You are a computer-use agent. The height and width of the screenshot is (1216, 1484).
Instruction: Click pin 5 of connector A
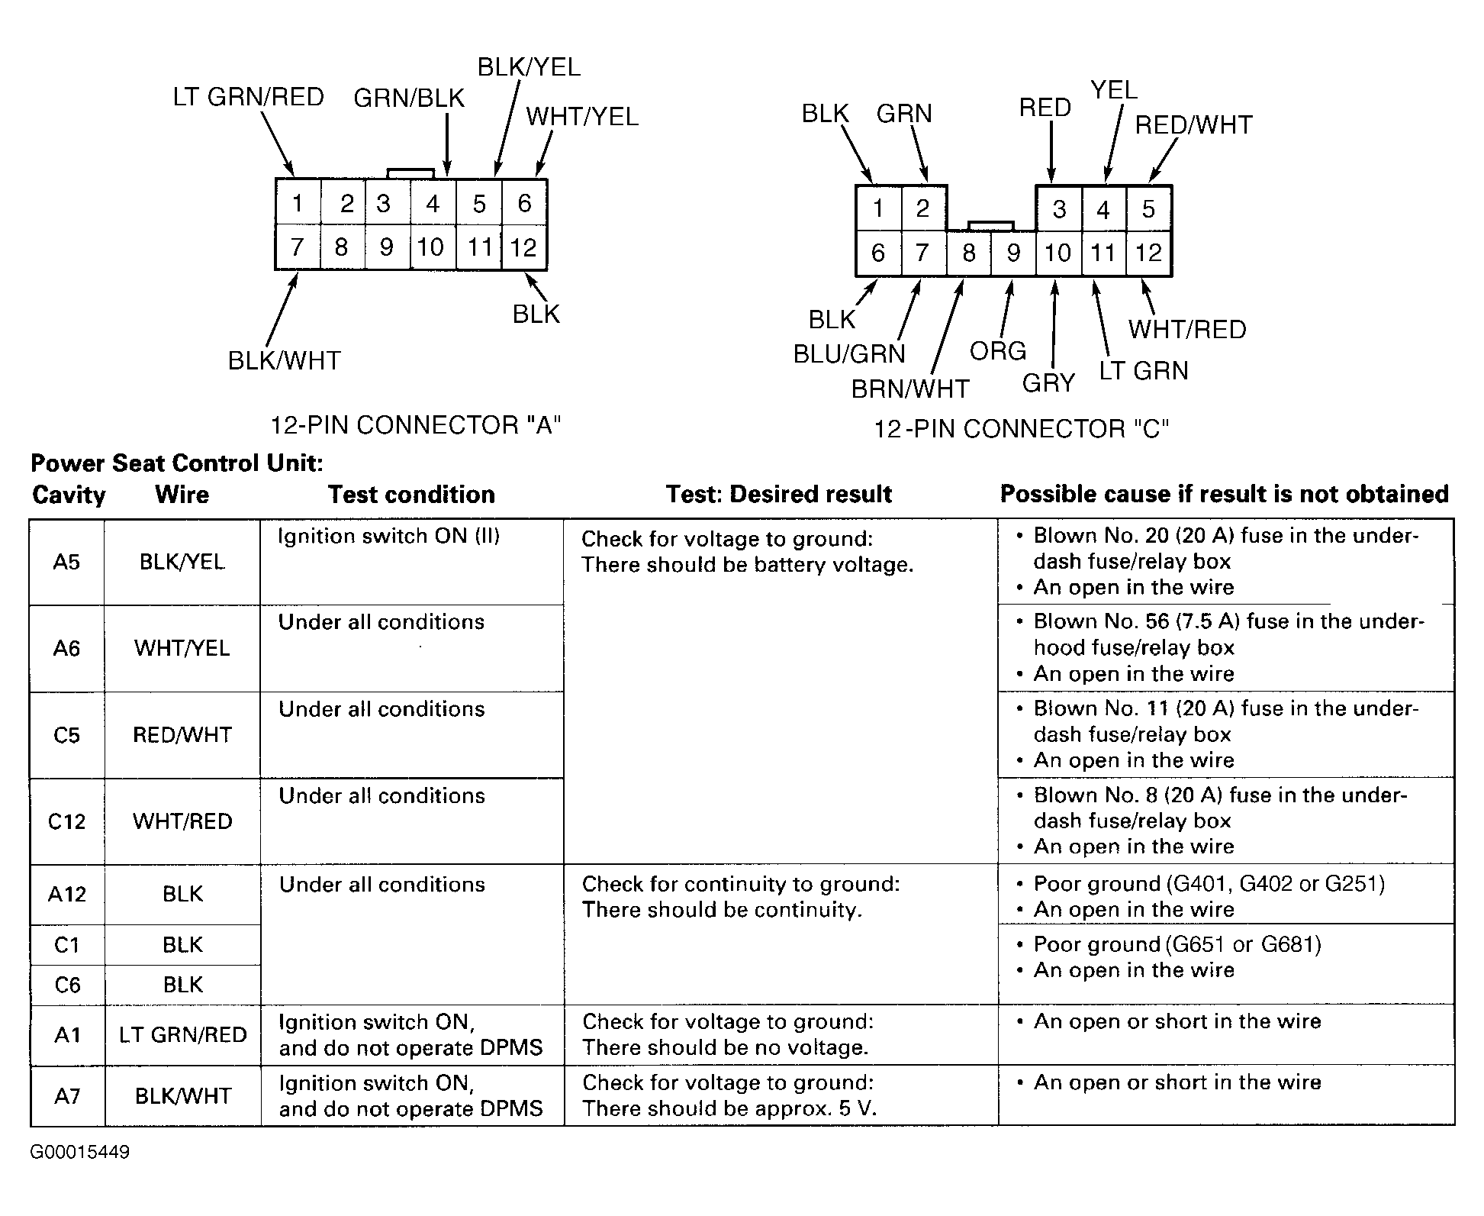click(x=479, y=204)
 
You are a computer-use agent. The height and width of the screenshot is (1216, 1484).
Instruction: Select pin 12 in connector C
click(x=1148, y=253)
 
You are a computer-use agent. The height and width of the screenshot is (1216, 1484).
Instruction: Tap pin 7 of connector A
click(x=297, y=247)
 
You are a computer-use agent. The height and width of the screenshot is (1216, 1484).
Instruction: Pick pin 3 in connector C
click(x=1058, y=209)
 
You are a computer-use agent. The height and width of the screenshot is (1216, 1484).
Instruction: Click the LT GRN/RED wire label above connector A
click(x=248, y=97)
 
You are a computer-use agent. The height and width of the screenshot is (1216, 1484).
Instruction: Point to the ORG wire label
click(x=997, y=351)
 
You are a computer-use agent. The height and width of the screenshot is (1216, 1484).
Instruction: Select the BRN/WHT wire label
click(x=909, y=389)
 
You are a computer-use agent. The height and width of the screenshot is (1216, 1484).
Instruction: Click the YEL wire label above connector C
click(x=1113, y=90)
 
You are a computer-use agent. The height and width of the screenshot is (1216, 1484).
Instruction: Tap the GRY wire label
click(x=1048, y=382)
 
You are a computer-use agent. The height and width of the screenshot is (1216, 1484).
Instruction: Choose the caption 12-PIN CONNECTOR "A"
click(x=416, y=425)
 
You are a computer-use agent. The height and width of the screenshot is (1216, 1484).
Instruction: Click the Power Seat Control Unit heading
click(x=176, y=463)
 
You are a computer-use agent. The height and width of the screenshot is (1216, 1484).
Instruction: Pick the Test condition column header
click(x=411, y=495)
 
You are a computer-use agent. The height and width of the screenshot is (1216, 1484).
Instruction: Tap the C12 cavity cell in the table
click(x=66, y=821)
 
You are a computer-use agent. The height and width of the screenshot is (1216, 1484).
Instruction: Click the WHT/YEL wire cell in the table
click(x=182, y=648)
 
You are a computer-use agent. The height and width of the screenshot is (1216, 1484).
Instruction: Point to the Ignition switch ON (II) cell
click(x=388, y=536)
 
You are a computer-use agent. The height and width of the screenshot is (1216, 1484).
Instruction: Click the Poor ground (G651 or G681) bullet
click(x=1176, y=944)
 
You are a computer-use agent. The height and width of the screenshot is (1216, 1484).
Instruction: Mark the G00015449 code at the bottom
click(x=79, y=1152)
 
